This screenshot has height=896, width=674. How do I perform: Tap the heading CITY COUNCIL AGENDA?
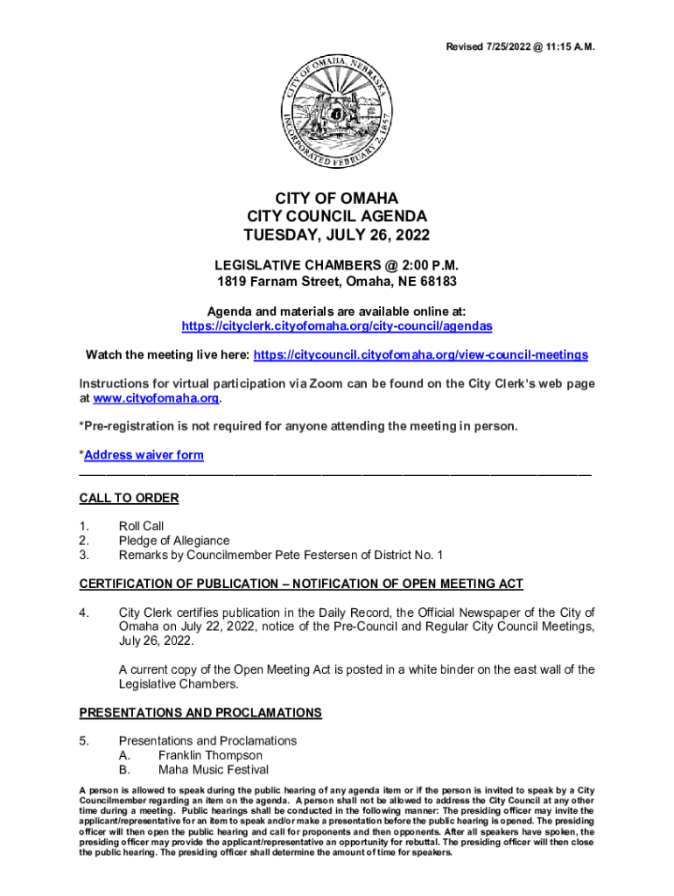coord(337,216)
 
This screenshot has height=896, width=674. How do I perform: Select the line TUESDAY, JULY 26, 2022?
coord(337,235)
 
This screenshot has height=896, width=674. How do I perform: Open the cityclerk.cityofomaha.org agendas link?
coord(337,325)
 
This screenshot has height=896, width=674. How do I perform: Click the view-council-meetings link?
coord(420,355)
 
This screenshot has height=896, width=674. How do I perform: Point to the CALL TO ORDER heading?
coord(129,498)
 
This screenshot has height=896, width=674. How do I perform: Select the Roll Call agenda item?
coord(141,526)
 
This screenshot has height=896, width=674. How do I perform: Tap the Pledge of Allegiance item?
coord(174,541)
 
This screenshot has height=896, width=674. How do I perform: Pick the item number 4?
coord(84,612)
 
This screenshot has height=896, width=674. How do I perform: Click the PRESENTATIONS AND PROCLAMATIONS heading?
coord(200,712)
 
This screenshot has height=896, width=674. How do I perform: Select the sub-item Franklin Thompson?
coord(210,755)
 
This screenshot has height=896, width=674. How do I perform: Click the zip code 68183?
coord(436,283)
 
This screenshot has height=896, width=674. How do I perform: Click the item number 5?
coord(84,740)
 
